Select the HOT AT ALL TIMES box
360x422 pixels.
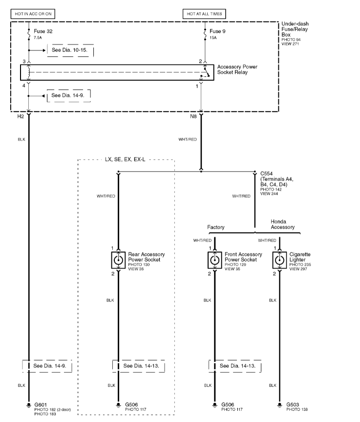point(204,14)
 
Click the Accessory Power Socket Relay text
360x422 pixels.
point(237,69)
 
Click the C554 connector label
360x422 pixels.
point(267,174)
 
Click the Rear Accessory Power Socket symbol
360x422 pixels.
point(118,260)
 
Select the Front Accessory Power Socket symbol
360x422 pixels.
point(214,260)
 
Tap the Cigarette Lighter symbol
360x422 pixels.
point(279,260)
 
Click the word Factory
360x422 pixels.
point(215,227)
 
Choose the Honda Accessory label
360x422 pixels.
point(282,224)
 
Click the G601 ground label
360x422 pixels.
point(41,405)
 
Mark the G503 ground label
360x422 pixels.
point(293,405)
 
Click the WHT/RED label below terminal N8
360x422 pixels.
point(188,139)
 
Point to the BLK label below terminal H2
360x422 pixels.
point(21,139)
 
